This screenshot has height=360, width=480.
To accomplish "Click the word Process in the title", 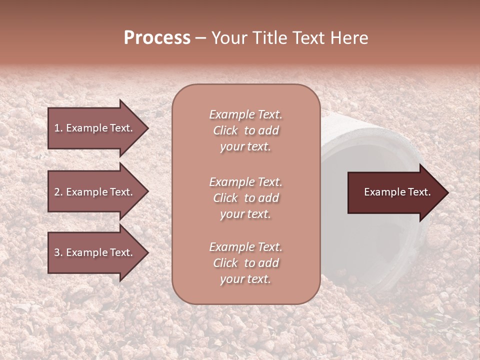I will click(157, 38).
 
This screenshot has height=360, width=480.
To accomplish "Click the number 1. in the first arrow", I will click(58, 128).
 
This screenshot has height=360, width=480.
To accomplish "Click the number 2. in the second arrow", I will click(58, 192).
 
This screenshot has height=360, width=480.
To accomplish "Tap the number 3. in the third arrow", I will click(58, 253).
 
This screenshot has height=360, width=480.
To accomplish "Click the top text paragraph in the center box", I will click(245, 130).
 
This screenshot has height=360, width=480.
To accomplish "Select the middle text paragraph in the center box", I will click(245, 198).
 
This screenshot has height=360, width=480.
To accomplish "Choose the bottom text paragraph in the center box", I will click(245, 263).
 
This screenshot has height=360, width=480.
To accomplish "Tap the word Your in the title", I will click(228, 38).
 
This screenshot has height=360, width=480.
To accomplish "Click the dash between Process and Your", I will click(201, 39).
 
